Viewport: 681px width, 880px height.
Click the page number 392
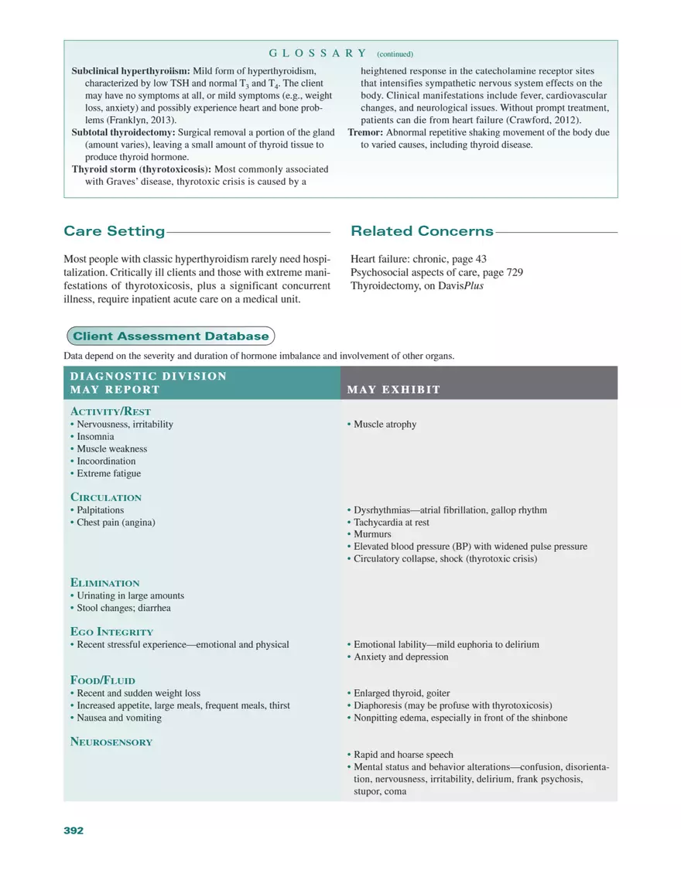click(x=73, y=831)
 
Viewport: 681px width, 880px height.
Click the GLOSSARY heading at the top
click(x=317, y=53)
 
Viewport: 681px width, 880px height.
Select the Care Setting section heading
click(x=114, y=231)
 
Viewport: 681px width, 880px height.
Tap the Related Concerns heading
click(x=422, y=231)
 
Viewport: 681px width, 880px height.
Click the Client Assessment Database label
click(x=170, y=336)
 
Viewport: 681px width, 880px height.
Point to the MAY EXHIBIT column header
click(x=394, y=389)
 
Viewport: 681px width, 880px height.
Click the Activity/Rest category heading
click(x=111, y=411)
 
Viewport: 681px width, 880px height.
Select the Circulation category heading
click(x=106, y=497)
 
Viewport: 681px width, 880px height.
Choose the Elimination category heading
click(x=105, y=583)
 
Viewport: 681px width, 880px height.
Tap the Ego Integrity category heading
click(x=111, y=632)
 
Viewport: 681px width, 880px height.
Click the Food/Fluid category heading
click(x=103, y=680)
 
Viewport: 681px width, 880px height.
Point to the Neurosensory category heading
click(x=111, y=742)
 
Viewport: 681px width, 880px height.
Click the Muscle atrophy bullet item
click(x=385, y=425)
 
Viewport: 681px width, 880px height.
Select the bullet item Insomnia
click(x=95, y=437)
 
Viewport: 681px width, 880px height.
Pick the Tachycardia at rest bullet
click(x=391, y=522)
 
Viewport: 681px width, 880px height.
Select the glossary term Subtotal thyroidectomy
click(x=123, y=132)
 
